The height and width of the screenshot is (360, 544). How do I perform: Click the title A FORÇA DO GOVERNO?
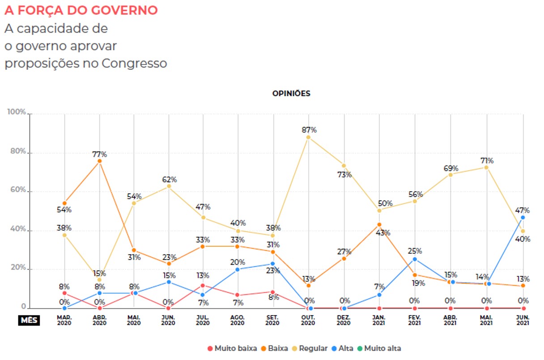[81, 10]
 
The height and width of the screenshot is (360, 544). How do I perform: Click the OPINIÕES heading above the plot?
[291, 94]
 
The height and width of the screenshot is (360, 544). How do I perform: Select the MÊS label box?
[29, 320]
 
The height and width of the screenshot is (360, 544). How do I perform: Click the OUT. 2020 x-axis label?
[308, 320]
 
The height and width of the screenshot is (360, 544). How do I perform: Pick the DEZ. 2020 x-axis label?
[344, 320]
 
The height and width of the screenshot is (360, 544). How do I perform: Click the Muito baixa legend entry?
[232, 348]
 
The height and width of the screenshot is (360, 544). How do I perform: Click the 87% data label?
[309, 130]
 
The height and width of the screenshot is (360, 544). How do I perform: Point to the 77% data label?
[99, 154]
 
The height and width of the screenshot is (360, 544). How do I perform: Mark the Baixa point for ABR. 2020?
[99, 161]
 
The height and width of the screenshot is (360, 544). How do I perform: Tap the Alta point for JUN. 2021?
[523, 218]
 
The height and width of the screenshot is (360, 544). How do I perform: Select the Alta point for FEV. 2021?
[415, 259]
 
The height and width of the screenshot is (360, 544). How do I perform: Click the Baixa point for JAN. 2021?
[379, 225]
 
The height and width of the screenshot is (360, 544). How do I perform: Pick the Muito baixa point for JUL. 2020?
[203, 285]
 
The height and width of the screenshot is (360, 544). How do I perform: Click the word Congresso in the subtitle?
[134, 64]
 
